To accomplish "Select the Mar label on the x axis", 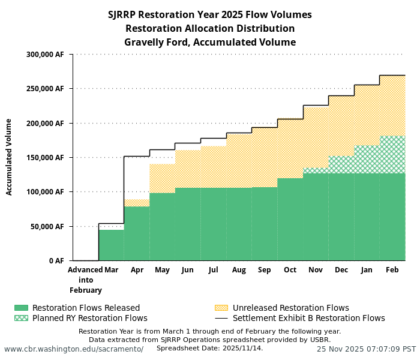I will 111,270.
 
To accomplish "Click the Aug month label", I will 239,270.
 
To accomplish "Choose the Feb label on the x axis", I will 392,270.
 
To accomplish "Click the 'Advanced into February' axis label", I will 85,280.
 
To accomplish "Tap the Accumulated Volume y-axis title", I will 9,157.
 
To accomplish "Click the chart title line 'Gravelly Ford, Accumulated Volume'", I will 209,42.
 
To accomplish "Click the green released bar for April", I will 137,233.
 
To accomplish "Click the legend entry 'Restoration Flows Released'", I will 86,308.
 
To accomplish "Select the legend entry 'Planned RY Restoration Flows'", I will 89,318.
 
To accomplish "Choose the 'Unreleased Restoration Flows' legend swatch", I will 221,308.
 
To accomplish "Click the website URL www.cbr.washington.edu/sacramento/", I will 74,349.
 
